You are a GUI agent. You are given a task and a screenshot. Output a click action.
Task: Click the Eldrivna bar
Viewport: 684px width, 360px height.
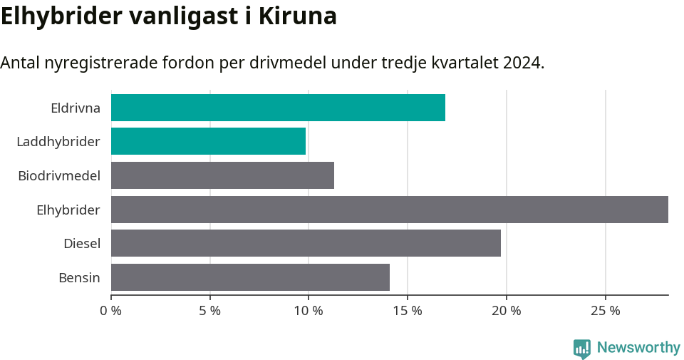coord(278,108)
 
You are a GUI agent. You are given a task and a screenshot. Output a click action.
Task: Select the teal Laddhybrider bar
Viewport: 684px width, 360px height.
coord(208,141)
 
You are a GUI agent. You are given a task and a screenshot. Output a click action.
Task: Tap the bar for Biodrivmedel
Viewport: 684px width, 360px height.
coord(222,175)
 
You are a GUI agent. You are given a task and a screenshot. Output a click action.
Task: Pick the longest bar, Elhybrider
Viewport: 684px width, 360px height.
coord(389,210)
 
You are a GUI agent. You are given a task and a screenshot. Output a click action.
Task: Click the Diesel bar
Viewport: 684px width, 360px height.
coord(306,243)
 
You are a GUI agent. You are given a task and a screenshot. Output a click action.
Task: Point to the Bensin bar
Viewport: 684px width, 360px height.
coord(250,277)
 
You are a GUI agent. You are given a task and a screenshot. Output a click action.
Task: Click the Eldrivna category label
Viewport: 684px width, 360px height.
coord(76,108)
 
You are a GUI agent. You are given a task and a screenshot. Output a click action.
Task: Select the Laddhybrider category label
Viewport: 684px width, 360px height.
coord(58,142)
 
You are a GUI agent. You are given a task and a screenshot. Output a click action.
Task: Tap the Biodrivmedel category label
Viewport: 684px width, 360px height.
coord(59,175)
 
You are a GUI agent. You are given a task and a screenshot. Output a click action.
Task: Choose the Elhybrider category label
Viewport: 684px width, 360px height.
coord(68,210)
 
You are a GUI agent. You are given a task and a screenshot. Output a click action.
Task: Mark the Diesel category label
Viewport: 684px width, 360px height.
coord(82,244)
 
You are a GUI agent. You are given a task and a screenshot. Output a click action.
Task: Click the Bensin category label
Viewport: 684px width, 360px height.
coord(79,277)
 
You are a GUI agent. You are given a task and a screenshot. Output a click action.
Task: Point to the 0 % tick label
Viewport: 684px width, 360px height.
coord(110,311)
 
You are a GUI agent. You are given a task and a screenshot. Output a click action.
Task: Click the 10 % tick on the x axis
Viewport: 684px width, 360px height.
coord(308,311)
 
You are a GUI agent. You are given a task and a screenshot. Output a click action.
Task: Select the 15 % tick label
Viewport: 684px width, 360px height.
coord(407,311)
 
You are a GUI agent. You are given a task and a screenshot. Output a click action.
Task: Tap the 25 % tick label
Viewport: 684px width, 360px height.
coord(605,311)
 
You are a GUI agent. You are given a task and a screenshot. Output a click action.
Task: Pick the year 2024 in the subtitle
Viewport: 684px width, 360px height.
coord(522,63)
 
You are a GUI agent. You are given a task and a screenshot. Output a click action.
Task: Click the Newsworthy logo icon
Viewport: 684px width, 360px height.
coord(582,348)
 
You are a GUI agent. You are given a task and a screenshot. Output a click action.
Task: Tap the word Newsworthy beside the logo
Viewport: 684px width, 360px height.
coord(638,348)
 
